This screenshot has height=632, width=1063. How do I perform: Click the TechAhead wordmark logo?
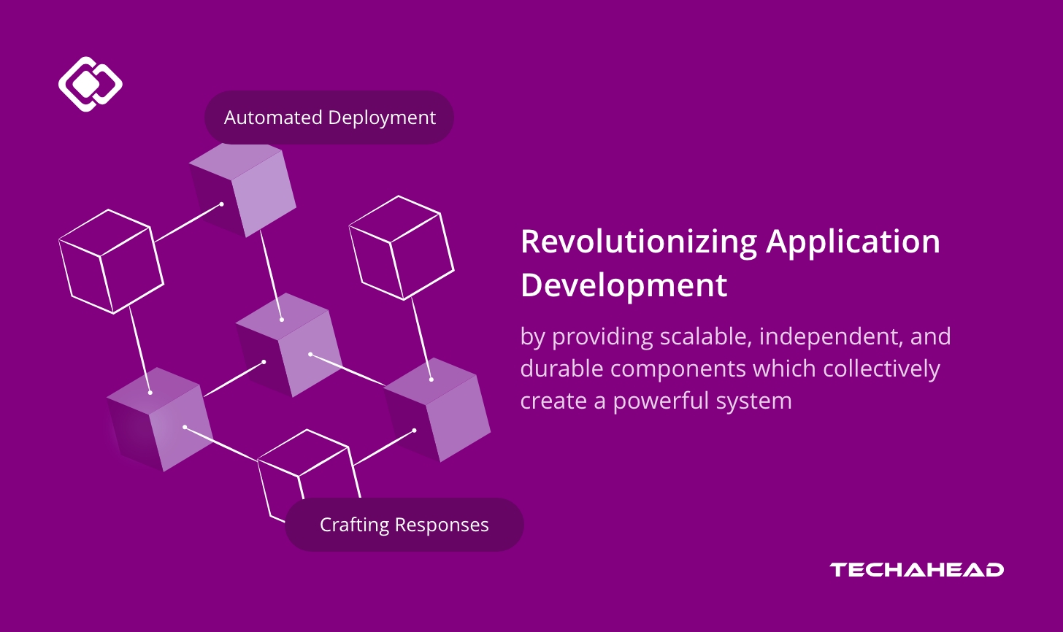(x=916, y=569)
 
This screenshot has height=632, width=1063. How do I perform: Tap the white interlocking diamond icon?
(x=90, y=84)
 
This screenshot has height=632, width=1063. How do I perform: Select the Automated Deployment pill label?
(x=329, y=117)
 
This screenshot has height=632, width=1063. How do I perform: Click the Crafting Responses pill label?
(x=404, y=525)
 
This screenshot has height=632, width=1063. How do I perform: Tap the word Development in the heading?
(x=623, y=285)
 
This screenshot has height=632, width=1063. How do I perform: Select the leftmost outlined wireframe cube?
(x=111, y=261)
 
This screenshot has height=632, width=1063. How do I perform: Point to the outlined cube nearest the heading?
(x=401, y=248)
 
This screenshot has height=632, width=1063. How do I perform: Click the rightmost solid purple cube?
(x=438, y=409)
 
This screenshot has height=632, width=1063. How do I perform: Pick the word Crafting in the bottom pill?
(x=354, y=525)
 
